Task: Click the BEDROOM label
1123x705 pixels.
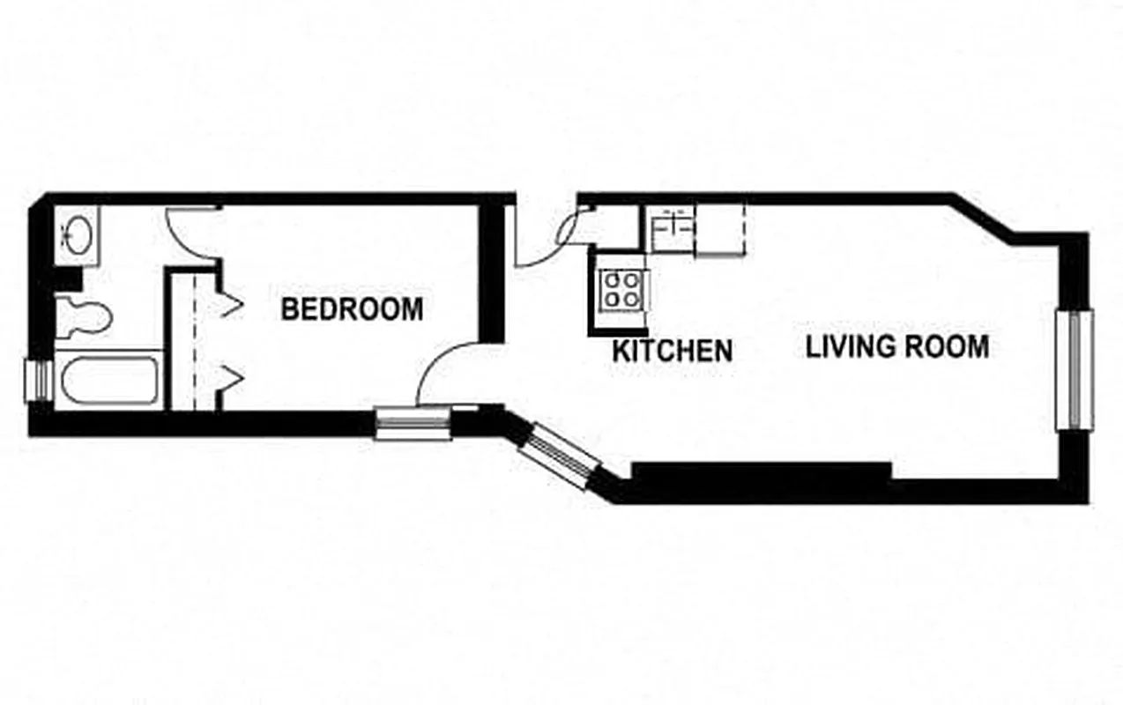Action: click(x=352, y=309)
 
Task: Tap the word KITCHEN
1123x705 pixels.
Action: click(x=672, y=351)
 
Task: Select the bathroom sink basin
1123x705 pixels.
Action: click(x=77, y=234)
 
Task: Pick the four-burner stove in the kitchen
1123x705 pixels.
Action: click(x=621, y=288)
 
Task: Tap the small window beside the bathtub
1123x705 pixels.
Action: click(x=37, y=381)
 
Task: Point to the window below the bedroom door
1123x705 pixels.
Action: click(x=413, y=422)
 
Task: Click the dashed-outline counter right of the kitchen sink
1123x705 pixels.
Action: click(x=720, y=230)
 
